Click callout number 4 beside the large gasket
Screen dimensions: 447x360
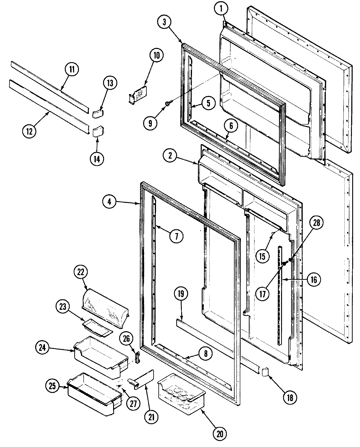point(109,202)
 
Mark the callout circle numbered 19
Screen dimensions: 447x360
point(182,294)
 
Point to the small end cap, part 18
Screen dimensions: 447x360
point(265,372)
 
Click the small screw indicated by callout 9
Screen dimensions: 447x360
point(166,104)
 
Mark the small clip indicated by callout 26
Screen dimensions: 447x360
point(138,357)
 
